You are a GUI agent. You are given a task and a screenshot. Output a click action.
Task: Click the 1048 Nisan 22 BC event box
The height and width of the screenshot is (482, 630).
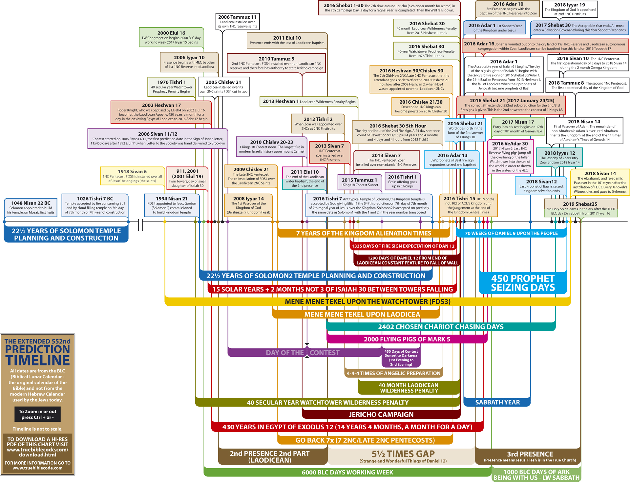click(x=31, y=207)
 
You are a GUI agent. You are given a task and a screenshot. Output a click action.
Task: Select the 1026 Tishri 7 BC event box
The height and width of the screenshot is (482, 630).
click(x=95, y=205)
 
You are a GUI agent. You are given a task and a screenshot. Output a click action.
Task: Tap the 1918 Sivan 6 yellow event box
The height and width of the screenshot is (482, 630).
click(x=132, y=176)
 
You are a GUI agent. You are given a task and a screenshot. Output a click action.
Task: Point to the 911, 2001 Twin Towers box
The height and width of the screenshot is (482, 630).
click(x=187, y=178)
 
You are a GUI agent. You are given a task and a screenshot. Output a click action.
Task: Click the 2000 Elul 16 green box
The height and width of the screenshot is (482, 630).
click(x=171, y=37)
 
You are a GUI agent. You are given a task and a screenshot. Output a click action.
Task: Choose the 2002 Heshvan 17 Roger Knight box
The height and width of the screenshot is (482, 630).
click(x=161, y=112)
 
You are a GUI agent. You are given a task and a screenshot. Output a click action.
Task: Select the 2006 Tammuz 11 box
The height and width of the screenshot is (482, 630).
click(x=237, y=21)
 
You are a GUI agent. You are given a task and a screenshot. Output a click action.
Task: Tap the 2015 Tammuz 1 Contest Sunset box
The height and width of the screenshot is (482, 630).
click(x=359, y=182)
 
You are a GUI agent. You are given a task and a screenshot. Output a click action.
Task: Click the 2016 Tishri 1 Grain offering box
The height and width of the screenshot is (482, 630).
click(x=402, y=181)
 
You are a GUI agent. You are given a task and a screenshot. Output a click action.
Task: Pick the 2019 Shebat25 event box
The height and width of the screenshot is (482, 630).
click(x=580, y=208)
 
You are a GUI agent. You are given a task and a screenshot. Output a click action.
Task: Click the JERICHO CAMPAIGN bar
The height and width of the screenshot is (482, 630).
click(x=381, y=415)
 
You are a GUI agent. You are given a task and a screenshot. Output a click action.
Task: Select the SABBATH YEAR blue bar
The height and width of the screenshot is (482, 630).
click(x=497, y=402)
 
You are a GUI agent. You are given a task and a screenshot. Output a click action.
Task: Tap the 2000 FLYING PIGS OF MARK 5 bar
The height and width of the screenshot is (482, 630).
click(x=407, y=339)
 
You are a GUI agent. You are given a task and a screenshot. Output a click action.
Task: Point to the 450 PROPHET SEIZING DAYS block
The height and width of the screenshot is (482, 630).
click(x=523, y=283)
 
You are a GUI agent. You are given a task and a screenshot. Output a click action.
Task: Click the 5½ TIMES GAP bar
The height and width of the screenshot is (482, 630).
click(x=403, y=456)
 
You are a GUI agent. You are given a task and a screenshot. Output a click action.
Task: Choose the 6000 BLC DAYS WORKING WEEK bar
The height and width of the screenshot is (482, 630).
click(x=347, y=472)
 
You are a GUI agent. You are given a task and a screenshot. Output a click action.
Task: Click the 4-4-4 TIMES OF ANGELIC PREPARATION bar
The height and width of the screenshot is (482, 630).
click(x=393, y=373)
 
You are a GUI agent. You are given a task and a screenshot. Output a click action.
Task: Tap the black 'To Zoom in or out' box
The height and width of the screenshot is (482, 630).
click(x=37, y=414)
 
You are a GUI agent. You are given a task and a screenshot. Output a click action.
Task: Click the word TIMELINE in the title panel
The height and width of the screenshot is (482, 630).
click(x=38, y=360)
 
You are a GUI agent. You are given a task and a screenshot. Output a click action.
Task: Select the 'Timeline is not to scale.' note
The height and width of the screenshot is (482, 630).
click(x=37, y=429)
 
